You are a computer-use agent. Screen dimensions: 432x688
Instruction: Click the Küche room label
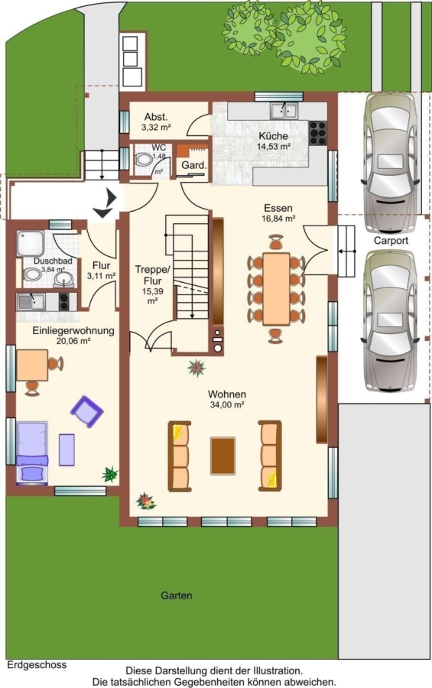(x=273, y=136)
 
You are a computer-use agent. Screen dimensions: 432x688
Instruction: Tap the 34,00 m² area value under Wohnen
(x=227, y=404)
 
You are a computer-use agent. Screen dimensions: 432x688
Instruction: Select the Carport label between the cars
(x=391, y=241)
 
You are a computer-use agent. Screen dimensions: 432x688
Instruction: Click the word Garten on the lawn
(x=176, y=596)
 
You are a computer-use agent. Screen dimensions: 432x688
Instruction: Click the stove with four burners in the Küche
(x=318, y=133)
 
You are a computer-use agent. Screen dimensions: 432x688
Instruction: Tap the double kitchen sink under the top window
(x=284, y=110)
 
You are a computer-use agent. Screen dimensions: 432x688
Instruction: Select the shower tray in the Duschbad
(x=31, y=244)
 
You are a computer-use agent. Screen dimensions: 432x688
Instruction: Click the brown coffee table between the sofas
(x=222, y=456)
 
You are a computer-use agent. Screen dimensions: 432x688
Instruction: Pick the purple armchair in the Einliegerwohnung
(x=87, y=411)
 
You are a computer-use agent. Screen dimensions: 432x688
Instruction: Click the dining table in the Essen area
(x=276, y=289)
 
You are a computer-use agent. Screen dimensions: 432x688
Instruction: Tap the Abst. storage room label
(x=156, y=117)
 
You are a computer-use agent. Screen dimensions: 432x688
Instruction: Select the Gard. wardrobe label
(x=193, y=165)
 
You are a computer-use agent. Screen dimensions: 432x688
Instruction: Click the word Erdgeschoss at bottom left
(x=37, y=665)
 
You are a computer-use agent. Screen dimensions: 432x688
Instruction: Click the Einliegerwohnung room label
(x=73, y=330)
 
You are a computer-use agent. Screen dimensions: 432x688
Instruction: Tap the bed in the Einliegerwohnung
(x=32, y=453)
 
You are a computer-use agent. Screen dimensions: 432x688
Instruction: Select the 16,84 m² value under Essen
(x=278, y=219)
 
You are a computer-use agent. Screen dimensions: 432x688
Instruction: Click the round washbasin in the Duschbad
(x=64, y=278)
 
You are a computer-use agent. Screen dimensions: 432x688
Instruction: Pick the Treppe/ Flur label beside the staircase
(x=152, y=275)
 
